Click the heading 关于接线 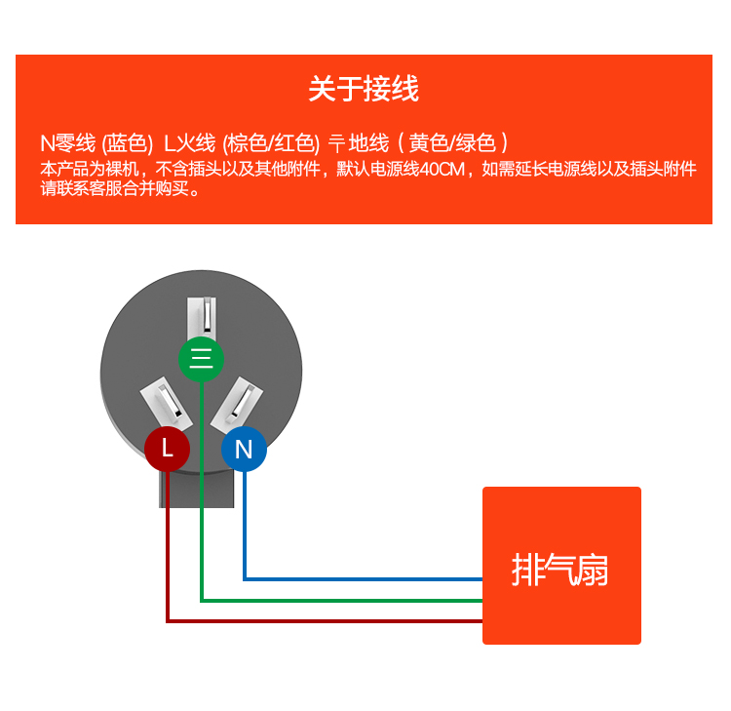[x=364, y=90]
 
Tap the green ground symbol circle [x=202, y=359]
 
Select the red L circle [x=168, y=449]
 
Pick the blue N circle [x=244, y=450]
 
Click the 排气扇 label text [x=560, y=569]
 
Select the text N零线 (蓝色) [x=96, y=142]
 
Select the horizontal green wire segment [x=341, y=600]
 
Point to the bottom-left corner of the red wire [x=168, y=620]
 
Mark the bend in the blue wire [x=244, y=579]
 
